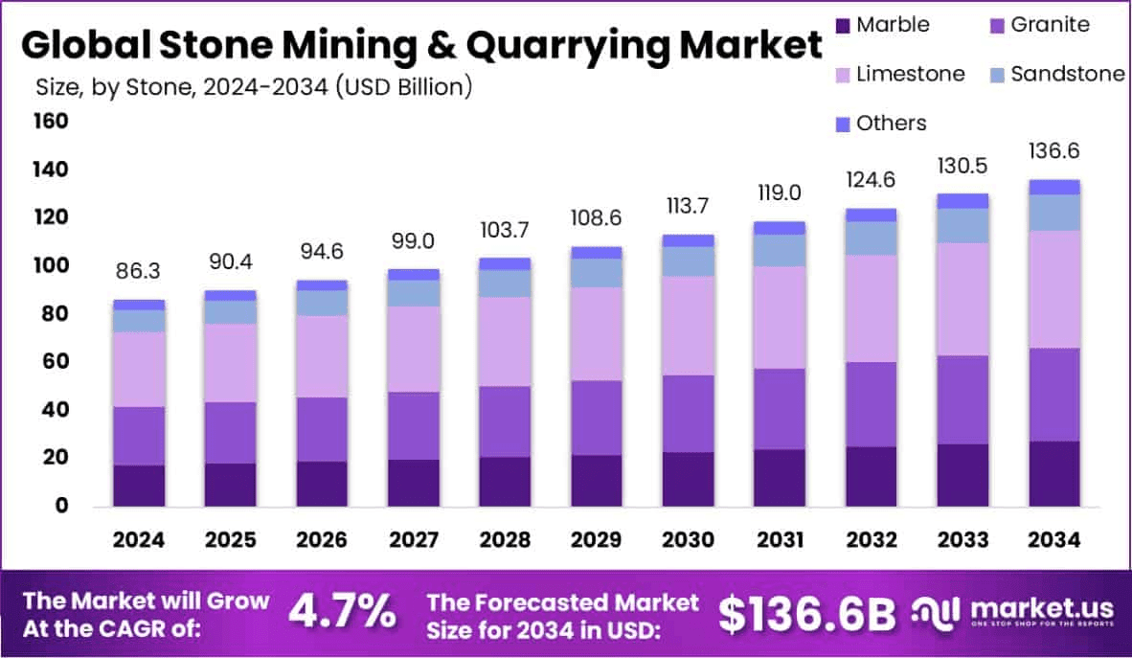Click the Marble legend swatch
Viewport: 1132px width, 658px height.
[x=843, y=25]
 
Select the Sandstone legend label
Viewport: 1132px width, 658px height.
[x=1067, y=74]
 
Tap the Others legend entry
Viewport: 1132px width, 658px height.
[x=892, y=124]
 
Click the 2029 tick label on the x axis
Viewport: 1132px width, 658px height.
[x=597, y=540]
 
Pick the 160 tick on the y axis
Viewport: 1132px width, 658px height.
[x=51, y=122]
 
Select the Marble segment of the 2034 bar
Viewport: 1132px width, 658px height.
[x=1054, y=473]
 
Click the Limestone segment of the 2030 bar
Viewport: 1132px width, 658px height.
[x=689, y=326]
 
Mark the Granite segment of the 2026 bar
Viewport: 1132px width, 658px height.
[x=322, y=429]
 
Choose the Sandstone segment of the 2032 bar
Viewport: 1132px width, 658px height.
[x=872, y=238]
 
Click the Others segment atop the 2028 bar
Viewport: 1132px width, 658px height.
[x=506, y=263]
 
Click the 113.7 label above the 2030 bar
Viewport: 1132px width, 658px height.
[x=689, y=207]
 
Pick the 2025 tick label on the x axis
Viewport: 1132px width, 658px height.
[x=230, y=540]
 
